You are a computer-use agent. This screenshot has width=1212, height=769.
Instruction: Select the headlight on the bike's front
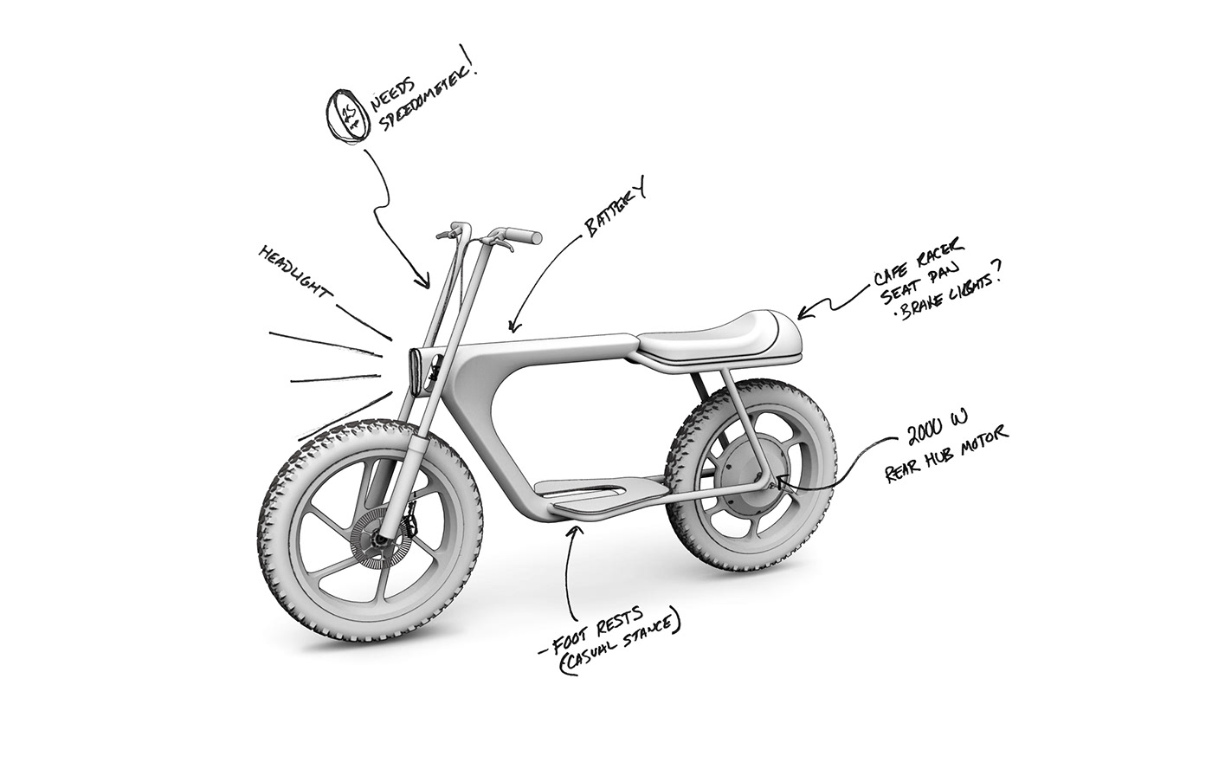[x=418, y=372]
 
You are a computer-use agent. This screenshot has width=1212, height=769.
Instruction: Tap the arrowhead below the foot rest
[x=571, y=534]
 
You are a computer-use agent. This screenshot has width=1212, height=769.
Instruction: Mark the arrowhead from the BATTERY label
[x=513, y=326]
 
